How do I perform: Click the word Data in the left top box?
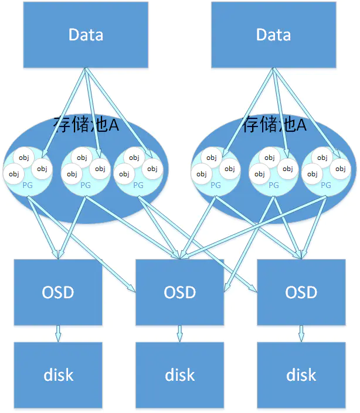(x=86, y=35)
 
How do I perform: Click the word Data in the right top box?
(x=274, y=35)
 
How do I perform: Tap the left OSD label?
(x=58, y=292)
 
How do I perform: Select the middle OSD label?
(x=180, y=292)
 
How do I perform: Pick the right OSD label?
(x=301, y=292)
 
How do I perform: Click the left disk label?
(x=58, y=375)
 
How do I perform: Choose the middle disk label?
(x=180, y=375)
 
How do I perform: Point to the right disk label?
(x=301, y=375)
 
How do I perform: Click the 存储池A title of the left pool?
(x=86, y=124)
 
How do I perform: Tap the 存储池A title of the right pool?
(x=274, y=124)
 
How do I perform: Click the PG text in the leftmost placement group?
(x=28, y=186)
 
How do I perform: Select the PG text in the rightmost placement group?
(x=326, y=186)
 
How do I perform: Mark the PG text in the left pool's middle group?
(x=86, y=186)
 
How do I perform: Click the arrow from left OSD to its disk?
(x=58, y=333)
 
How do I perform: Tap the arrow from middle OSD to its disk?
(x=180, y=333)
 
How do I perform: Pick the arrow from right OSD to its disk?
(x=301, y=333)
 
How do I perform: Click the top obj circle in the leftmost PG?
(x=23, y=158)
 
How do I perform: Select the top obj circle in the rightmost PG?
(x=322, y=158)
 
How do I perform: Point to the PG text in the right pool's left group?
(x=216, y=186)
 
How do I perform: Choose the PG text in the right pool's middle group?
(x=274, y=186)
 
